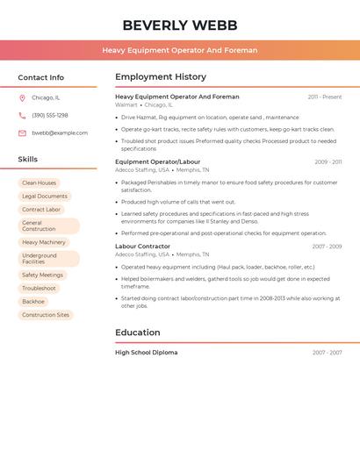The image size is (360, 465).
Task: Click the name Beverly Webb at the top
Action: pos(180,25)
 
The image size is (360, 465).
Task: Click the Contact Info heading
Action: pos(41,77)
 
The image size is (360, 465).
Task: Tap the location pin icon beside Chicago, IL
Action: pos(22,97)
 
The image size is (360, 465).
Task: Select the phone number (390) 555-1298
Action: pos(50,115)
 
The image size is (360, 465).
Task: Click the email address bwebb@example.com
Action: pos(60,132)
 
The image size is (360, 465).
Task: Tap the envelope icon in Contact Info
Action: pos(22,132)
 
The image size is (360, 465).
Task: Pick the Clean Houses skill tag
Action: pos(40,182)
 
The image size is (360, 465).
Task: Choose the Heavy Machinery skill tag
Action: pos(44,242)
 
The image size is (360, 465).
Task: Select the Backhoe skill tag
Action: pos(33,301)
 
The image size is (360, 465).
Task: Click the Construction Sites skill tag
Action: pos(46,314)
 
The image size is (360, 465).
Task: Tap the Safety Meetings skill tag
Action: pos(43,275)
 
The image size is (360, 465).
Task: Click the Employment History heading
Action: pos(161,76)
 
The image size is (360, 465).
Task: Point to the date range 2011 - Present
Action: pos(325,97)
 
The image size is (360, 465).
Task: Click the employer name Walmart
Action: pos(126,104)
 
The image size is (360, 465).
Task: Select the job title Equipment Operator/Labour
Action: pos(158,161)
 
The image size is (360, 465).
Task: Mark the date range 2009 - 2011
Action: pos(328,161)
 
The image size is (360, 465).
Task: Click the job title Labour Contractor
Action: pos(143,247)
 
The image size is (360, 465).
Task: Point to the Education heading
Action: pos(138,333)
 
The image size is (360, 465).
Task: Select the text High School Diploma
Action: pos(147,353)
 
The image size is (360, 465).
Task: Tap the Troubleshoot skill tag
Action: pos(40,288)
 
